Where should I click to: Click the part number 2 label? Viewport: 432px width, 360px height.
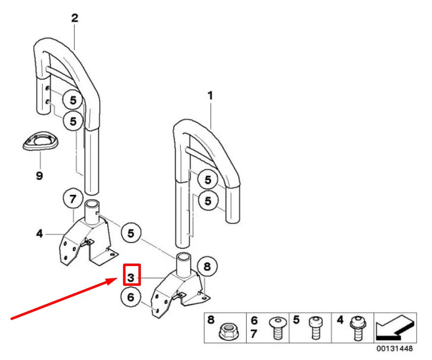tap(74, 18)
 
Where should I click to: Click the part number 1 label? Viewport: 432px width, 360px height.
tap(210, 95)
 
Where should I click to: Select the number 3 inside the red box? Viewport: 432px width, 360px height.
tap(131, 277)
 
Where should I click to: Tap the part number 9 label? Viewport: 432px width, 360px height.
tap(40, 176)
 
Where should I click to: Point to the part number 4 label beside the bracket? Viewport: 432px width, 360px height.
tap(40, 234)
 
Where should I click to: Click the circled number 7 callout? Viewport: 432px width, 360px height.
tap(73, 199)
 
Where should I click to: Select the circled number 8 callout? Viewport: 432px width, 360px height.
tap(207, 267)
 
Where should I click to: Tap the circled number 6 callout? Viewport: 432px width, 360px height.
tap(131, 297)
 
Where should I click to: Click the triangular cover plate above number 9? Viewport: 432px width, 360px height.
tap(41, 141)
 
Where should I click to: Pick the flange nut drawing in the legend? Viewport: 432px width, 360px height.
tap(228, 332)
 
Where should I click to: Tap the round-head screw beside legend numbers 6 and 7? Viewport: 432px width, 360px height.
tap(278, 328)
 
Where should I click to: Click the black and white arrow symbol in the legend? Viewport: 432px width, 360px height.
tap(395, 328)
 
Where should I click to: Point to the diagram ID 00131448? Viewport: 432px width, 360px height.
tap(394, 349)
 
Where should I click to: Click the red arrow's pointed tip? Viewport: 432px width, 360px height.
tap(119, 278)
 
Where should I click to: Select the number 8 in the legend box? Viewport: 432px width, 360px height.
tap(211, 320)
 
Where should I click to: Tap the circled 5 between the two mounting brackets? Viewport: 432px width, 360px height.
tap(131, 233)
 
